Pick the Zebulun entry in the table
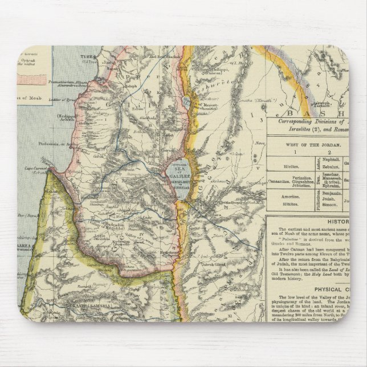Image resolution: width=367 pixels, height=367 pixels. click(333, 168)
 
